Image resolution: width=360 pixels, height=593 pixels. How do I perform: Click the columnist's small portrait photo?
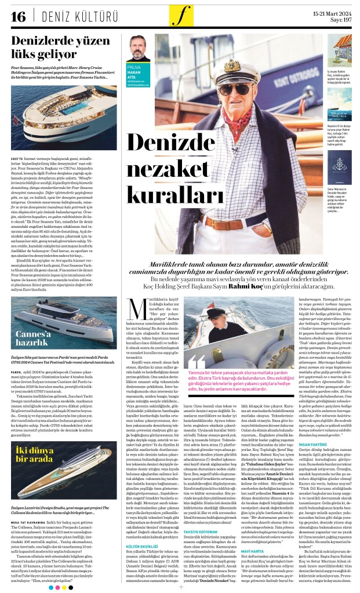(x=140, y=49)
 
